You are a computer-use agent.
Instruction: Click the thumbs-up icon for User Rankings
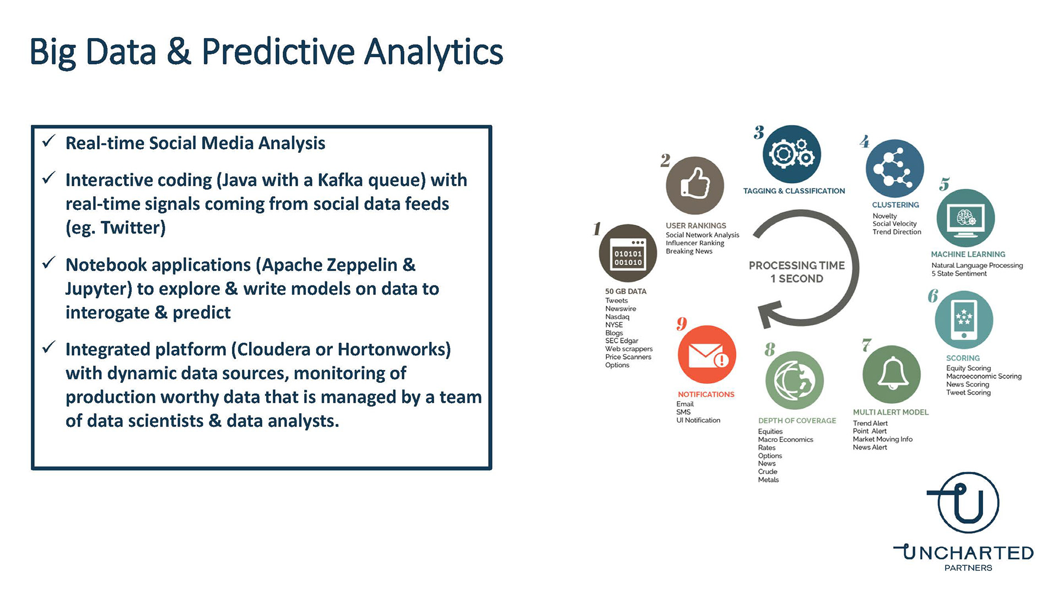coord(695,185)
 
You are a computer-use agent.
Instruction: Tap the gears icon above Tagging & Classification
coord(792,154)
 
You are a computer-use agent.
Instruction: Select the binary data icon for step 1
coord(628,253)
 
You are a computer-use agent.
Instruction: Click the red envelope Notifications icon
coord(707,354)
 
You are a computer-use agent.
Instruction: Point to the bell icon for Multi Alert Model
coord(892,375)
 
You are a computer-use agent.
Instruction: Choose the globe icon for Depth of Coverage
coord(795,381)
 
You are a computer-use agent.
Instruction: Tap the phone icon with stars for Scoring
coord(964,320)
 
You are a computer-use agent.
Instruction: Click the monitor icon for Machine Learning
coord(965,218)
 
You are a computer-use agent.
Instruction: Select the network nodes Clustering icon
coord(895,169)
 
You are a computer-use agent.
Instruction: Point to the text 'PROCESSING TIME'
coord(797,266)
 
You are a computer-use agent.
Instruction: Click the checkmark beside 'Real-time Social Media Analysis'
coord(49,141)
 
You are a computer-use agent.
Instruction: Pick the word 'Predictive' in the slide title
coord(278,52)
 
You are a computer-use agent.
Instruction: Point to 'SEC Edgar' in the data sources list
coord(622,341)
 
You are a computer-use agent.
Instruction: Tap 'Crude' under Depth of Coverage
coord(768,472)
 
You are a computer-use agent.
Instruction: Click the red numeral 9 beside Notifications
coord(682,324)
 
